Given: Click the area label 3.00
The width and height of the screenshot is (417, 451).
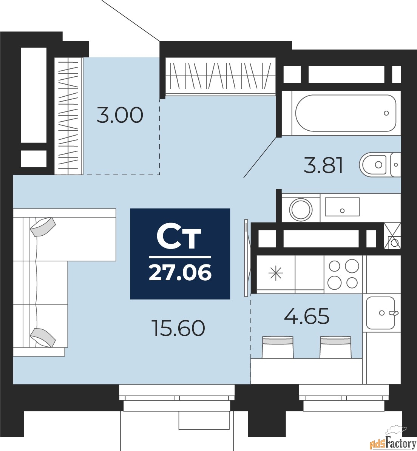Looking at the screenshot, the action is [120, 115].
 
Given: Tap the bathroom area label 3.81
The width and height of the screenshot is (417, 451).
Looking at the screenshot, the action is [324, 165].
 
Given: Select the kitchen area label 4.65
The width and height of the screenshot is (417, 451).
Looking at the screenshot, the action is [307, 316].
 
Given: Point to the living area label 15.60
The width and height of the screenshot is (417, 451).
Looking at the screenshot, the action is [178, 329].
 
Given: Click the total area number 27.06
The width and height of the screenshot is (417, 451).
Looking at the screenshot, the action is [180, 272].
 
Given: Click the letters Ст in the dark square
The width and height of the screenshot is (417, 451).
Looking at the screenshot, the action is [179, 238].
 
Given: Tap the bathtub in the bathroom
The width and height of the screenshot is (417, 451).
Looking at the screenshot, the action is [346, 113].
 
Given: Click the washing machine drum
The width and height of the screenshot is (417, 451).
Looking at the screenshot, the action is [301, 209].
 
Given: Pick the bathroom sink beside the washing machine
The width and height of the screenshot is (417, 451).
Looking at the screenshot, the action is [342, 207].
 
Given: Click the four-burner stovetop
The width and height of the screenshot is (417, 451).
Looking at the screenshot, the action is [343, 274].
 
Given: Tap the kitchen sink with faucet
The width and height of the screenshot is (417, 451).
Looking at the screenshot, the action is [381, 313].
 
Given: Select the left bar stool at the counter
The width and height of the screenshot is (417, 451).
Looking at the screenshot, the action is [278, 347].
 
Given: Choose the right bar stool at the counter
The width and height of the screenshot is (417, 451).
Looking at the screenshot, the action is [336, 347].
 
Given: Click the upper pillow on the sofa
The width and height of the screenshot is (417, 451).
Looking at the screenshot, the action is [43, 227].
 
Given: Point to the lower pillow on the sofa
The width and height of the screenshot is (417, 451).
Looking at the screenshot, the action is [43, 337].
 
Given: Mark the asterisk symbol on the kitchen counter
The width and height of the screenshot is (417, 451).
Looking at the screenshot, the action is [275, 273].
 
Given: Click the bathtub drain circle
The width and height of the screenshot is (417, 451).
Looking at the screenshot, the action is [386, 113].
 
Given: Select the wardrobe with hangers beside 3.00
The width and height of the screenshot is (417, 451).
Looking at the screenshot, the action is [69, 116].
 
